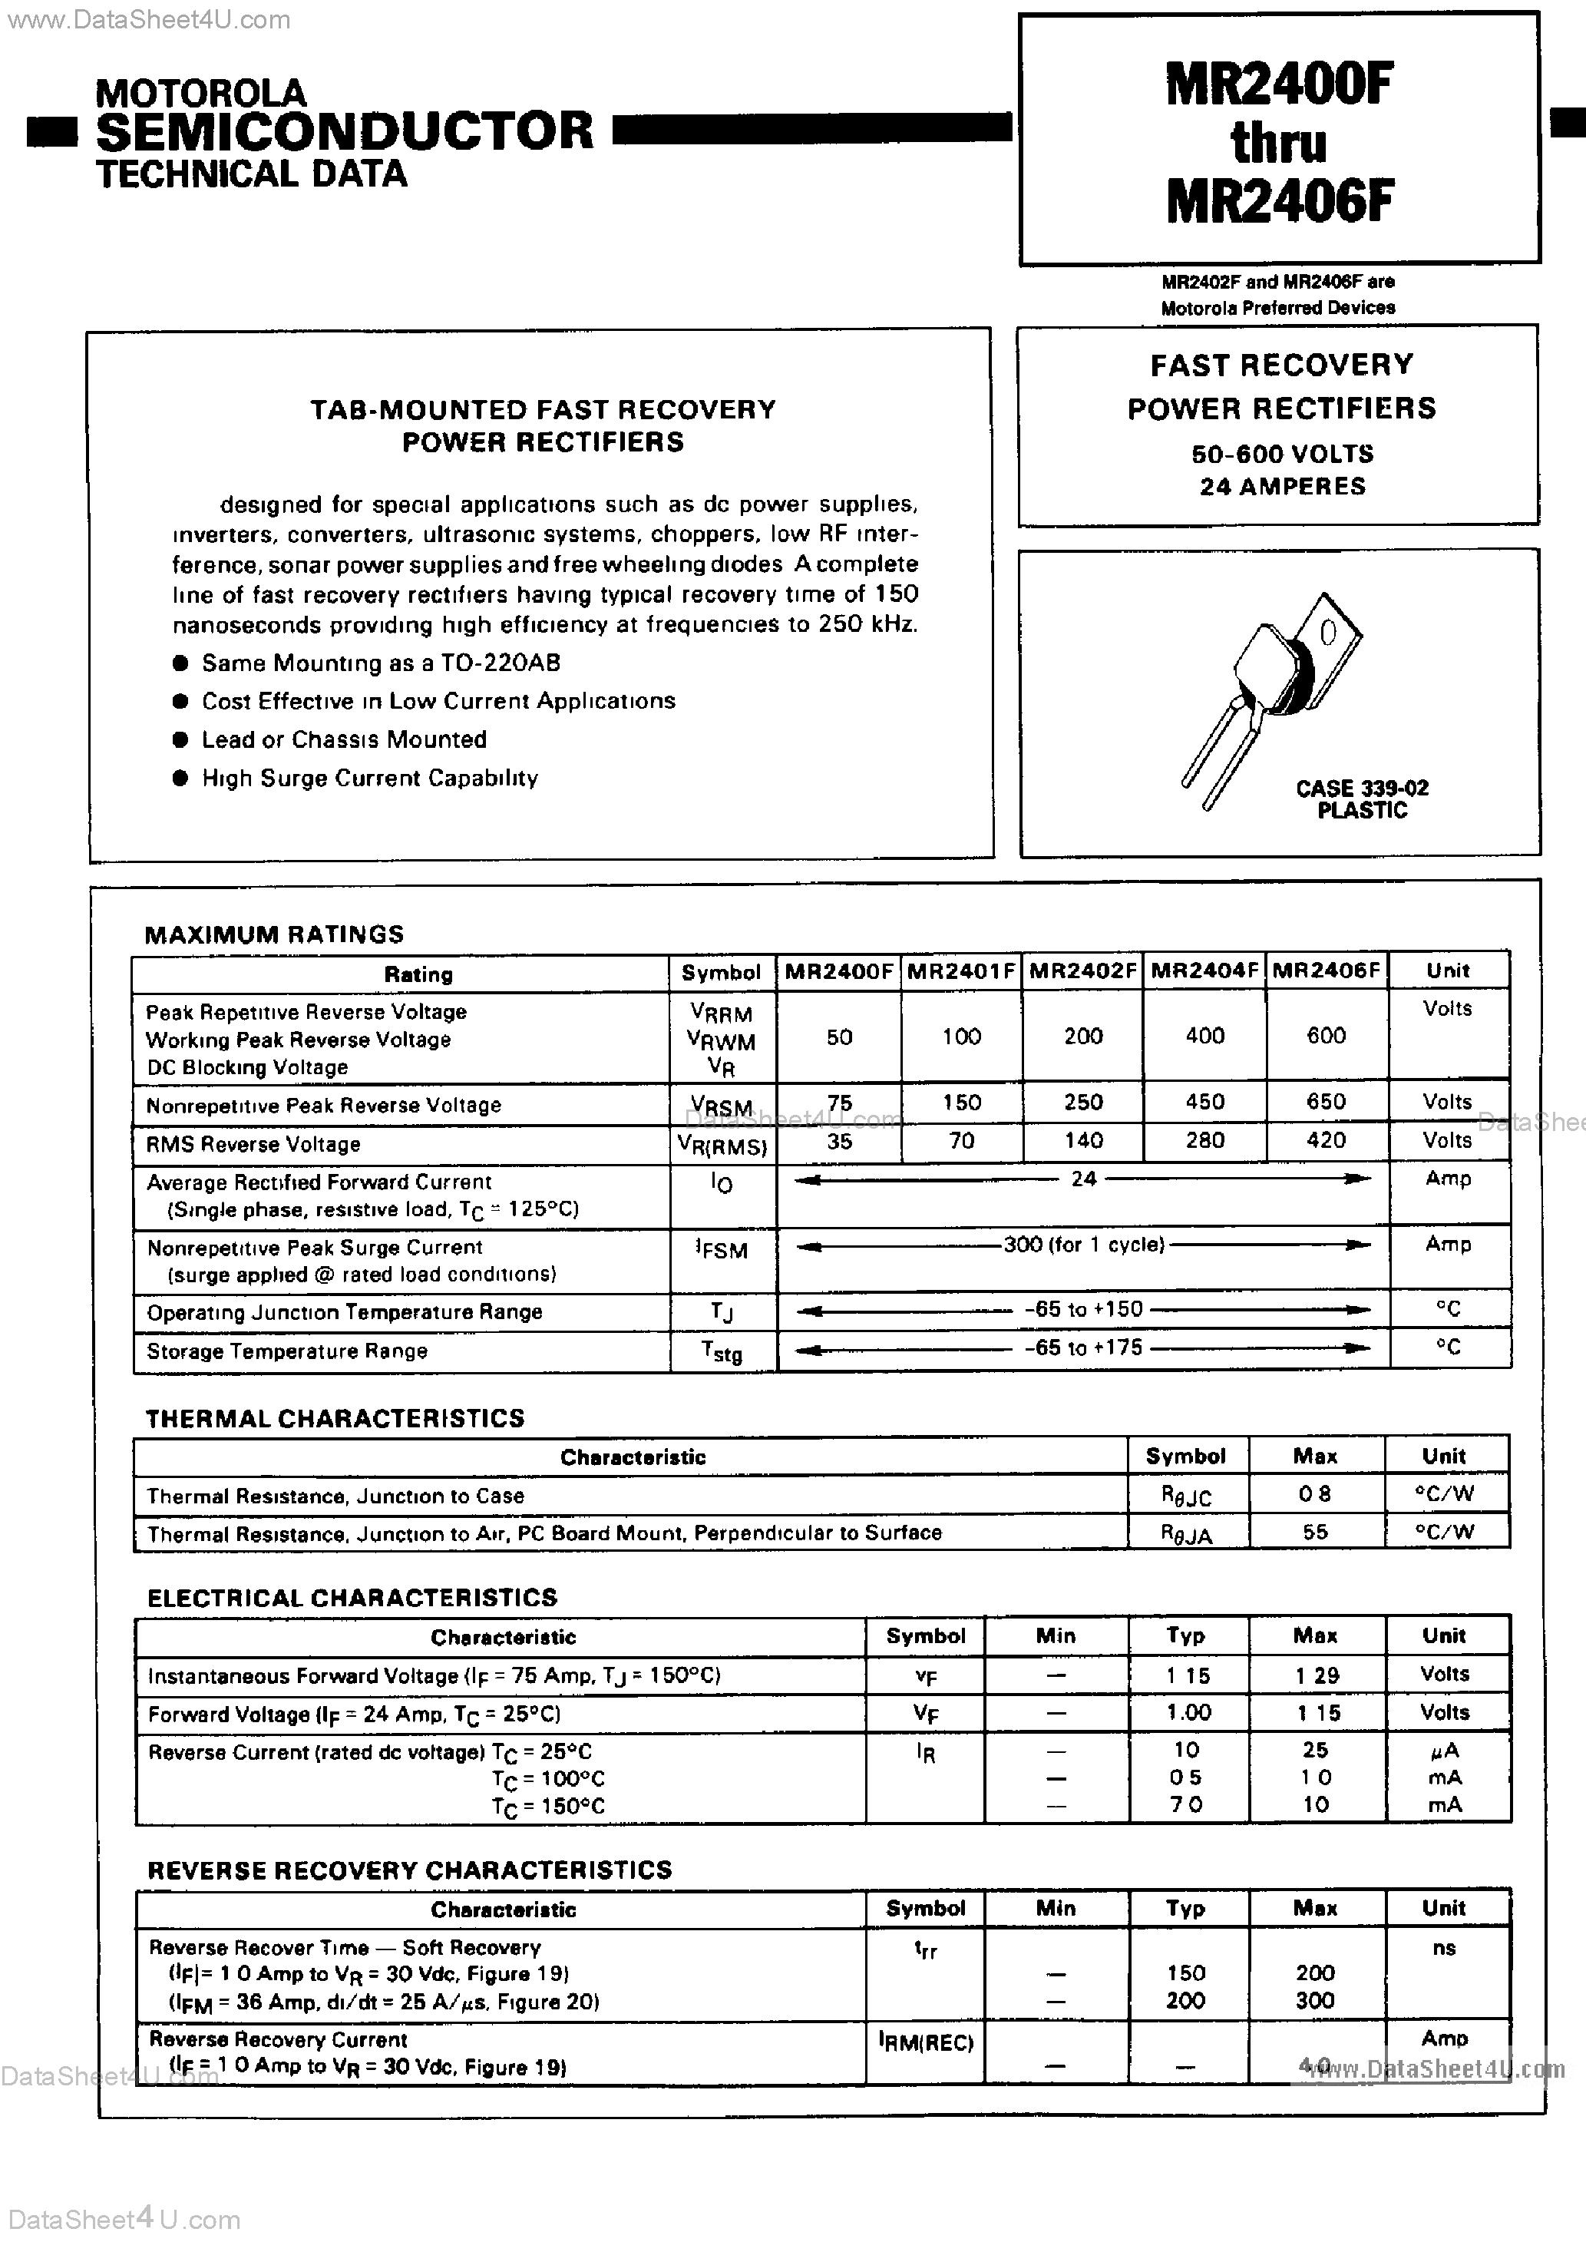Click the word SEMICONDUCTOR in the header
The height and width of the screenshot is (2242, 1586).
344,131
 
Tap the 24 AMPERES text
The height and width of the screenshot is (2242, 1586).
1281,486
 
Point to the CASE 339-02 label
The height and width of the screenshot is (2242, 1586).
1361,788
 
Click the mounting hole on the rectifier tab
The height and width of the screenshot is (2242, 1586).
1327,635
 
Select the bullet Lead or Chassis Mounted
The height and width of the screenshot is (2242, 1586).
344,740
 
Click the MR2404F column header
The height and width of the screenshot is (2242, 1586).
1204,971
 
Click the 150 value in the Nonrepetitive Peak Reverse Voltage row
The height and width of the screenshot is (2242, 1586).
961,1103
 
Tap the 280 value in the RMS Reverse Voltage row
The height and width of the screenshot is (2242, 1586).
1204,1140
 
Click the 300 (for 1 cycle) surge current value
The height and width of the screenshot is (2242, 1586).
1083,1245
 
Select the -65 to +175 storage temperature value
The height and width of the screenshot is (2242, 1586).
1083,1348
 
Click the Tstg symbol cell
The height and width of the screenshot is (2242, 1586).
722,1351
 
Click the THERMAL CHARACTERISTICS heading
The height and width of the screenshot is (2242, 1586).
335,1419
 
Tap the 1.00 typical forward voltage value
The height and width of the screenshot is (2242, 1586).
1188,1713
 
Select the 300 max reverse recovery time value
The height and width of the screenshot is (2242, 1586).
1314,2001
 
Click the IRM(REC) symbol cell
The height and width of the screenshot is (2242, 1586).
925,2043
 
